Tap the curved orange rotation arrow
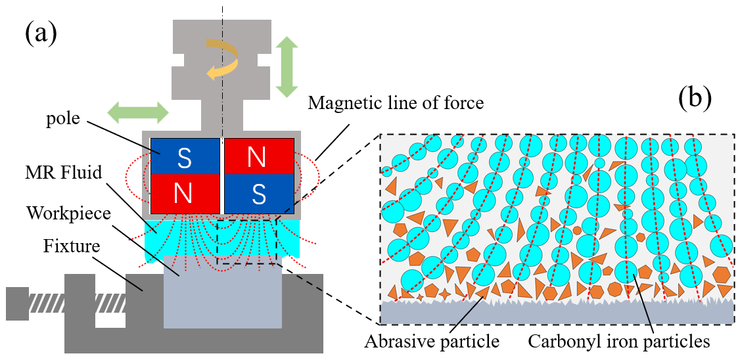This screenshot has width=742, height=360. click(x=221, y=60)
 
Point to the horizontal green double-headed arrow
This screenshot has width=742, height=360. click(x=139, y=111)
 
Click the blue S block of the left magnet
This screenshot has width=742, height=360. click(x=185, y=156)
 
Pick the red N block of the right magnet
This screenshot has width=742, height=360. click(x=259, y=156)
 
